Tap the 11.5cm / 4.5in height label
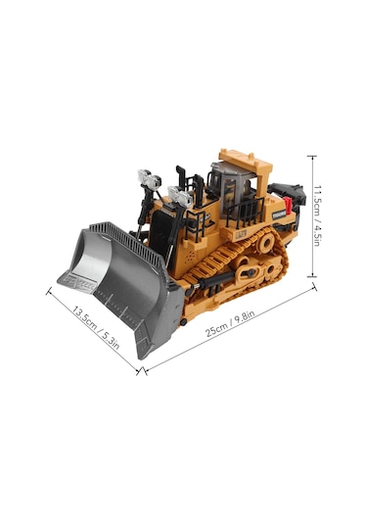[324, 216]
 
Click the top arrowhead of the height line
[312, 156]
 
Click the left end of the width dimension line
[48, 289]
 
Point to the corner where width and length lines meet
[143, 371]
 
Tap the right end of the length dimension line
[315, 285]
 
